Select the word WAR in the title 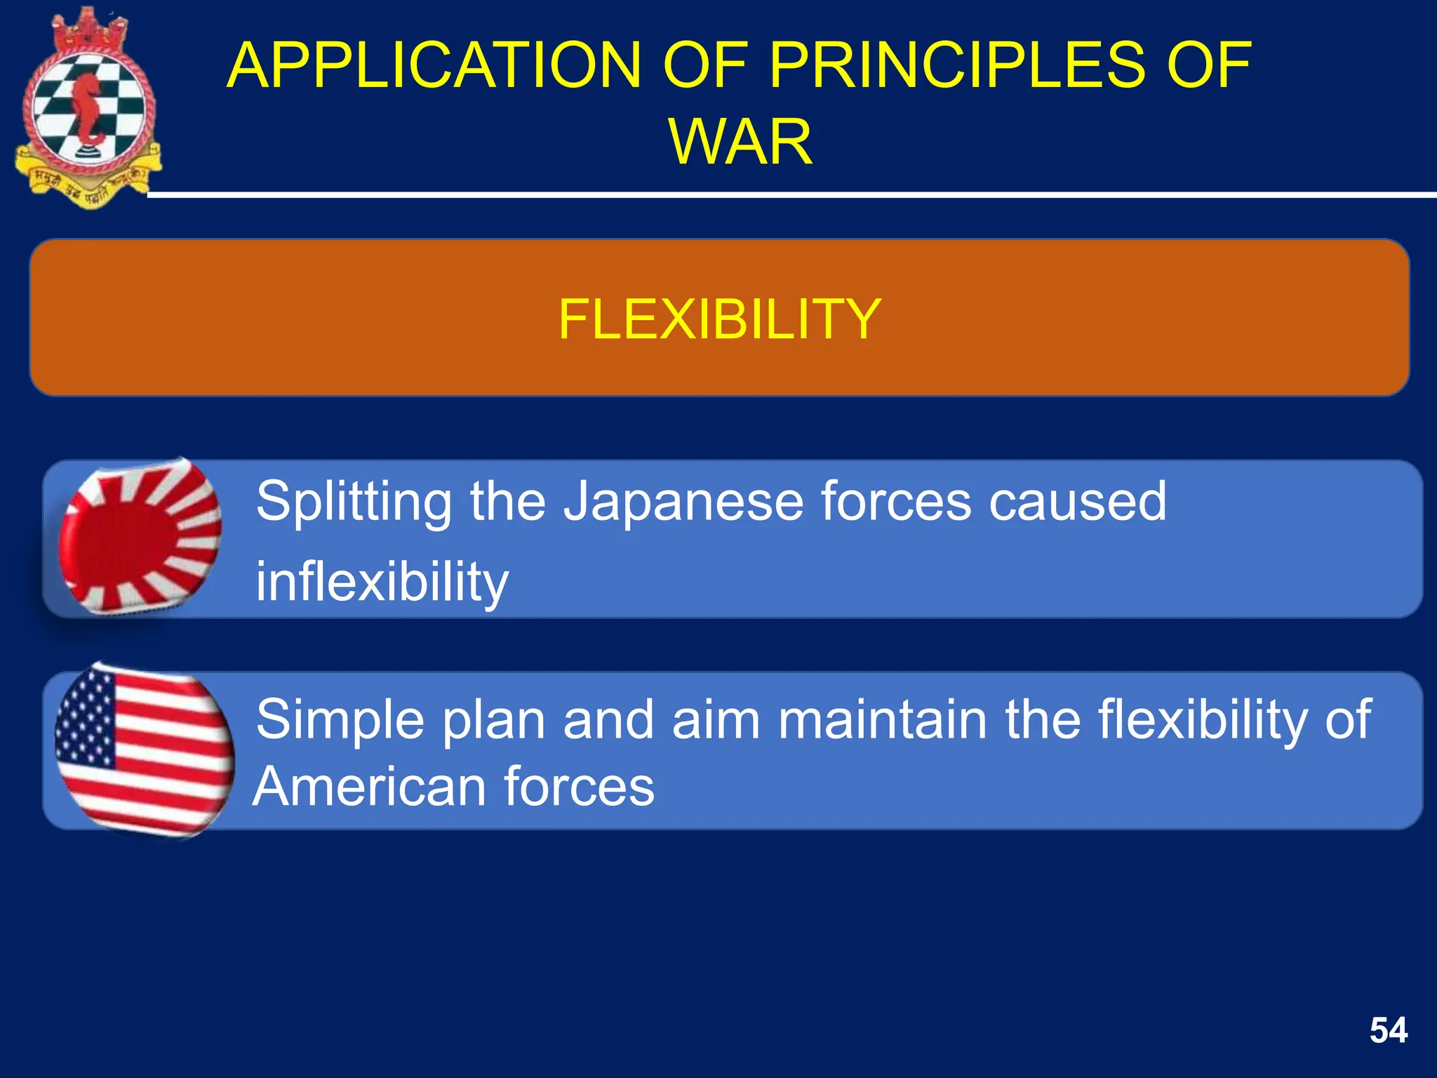click(x=740, y=142)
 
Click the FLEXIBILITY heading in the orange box click(x=719, y=319)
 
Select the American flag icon click(x=144, y=751)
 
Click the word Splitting click(x=354, y=503)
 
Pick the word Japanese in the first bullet click(x=684, y=502)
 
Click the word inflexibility click(x=382, y=583)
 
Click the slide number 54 click(x=1388, y=1031)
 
